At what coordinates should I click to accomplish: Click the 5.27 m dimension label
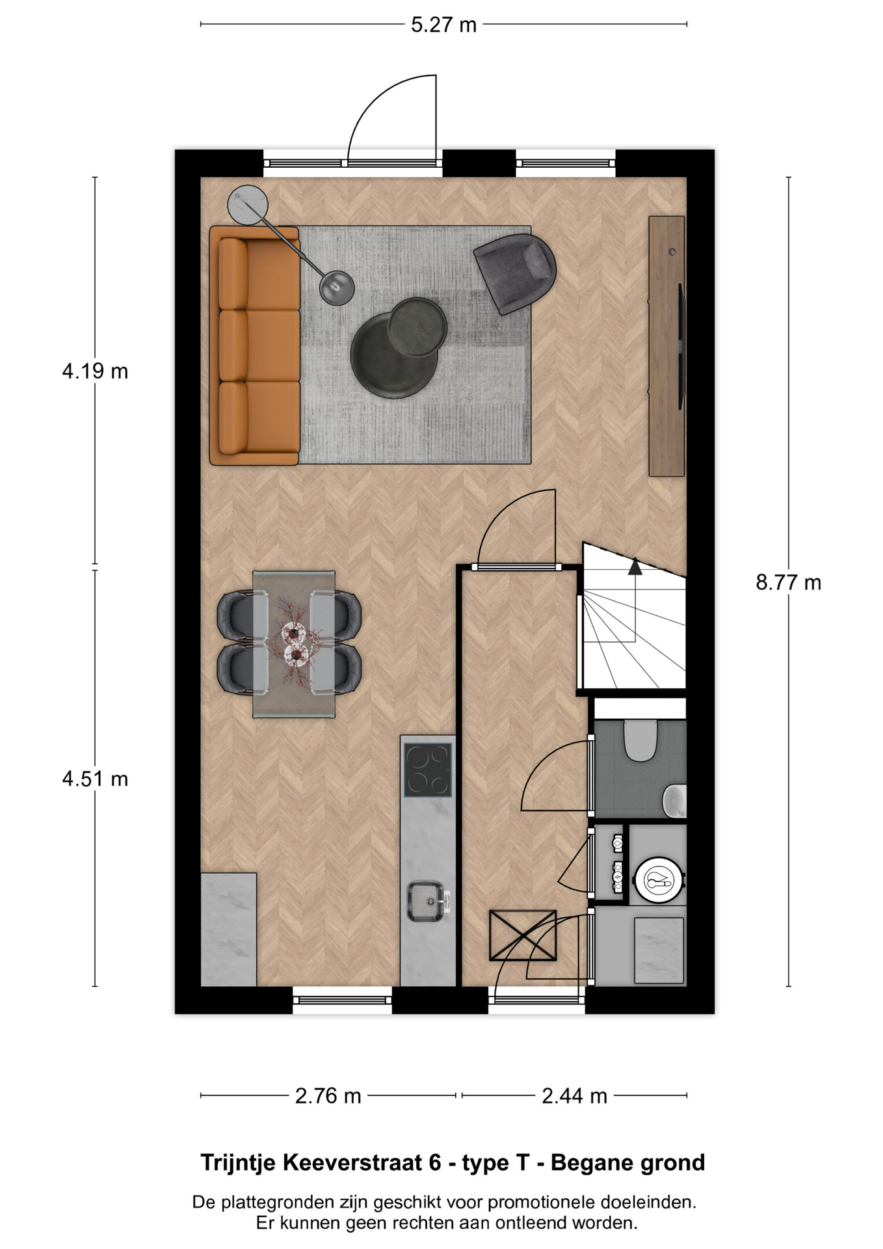pyautogui.click(x=443, y=25)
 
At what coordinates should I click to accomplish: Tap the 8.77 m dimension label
pyautogui.click(x=788, y=582)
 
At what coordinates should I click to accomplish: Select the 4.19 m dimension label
pyautogui.click(x=95, y=371)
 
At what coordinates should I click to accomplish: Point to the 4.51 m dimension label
pyautogui.click(x=95, y=779)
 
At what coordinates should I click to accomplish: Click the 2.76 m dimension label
pyautogui.click(x=328, y=1096)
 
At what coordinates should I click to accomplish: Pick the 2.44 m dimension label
pyautogui.click(x=574, y=1096)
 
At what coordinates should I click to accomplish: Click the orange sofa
pyautogui.click(x=254, y=345)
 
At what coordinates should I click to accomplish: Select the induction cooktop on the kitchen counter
pyautogui.click(x=428, y=770)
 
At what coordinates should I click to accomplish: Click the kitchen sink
pyautogui.click(x=427, y=901)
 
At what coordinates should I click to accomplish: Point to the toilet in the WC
pyautogui.click(x=640, y=740)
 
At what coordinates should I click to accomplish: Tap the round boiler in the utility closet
pyautogui.click(x=659, y=881)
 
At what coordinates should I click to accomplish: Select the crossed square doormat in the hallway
pyautogui.click(x=523, y=935)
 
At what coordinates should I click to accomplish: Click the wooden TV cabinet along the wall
pyautogui.click(x=666, y=346)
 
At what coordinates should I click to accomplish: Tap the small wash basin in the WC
pyautogui.click(x=675, y=800)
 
